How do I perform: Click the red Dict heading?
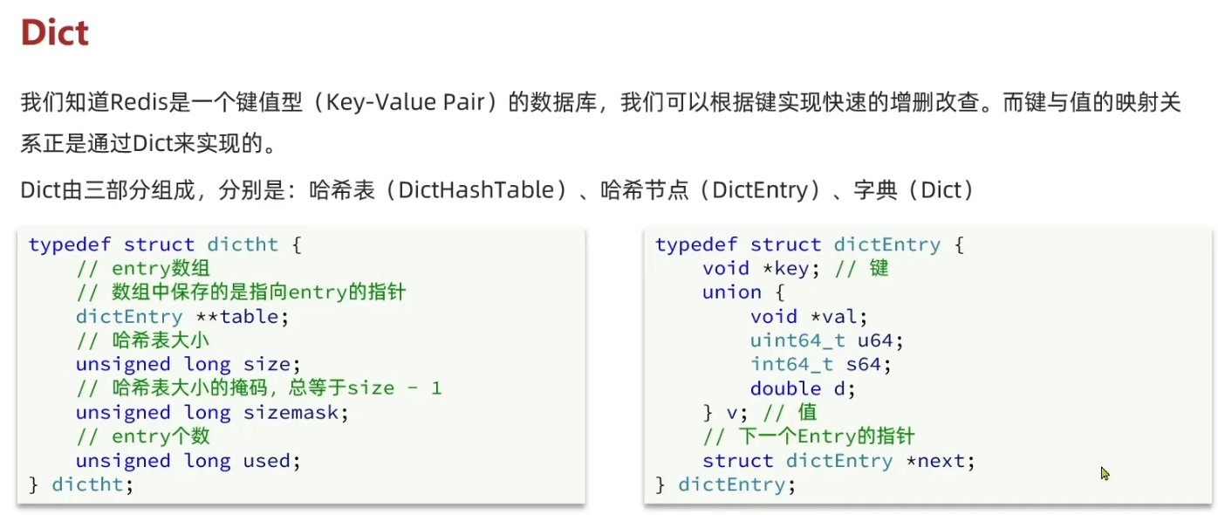54,33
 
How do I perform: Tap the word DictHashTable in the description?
476,189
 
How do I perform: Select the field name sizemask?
290,412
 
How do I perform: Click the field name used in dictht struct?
271,460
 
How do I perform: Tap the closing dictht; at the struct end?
93,484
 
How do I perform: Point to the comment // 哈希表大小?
143,340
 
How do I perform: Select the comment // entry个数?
143,436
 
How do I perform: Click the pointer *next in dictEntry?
940,460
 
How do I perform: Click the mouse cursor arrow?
1105,473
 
